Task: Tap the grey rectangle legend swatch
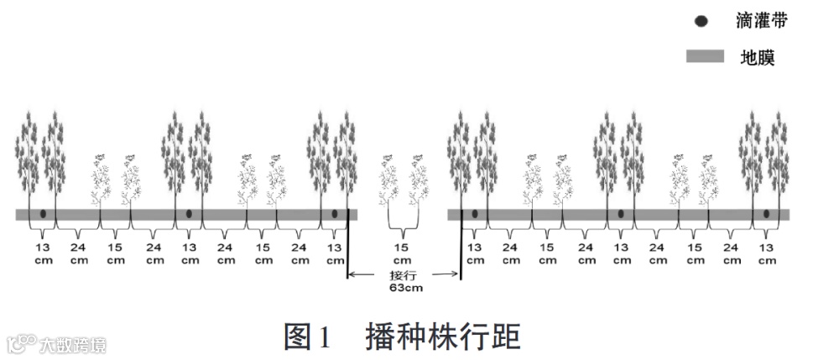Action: coord(705,57)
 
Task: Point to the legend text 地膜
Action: coord(757,57)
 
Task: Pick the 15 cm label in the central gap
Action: coord(404,253)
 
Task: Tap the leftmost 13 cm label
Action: coord(43,253)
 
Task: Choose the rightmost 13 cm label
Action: coord(766,253)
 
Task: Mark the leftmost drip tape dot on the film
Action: coord(43,214)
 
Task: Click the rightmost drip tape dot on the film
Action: coord(766,214)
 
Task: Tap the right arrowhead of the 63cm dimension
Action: coord(456,274)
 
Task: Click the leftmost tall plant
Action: coord(28,159)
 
